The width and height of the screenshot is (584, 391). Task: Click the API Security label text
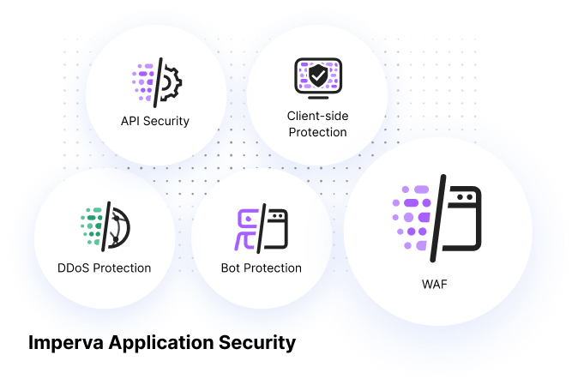click(154, 121)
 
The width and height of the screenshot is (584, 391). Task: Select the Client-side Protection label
click(317, 123)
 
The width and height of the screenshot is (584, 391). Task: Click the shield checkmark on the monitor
click(317, 75)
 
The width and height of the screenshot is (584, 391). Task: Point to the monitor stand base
click(317, 97)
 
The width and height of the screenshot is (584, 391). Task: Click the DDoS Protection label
click(105, 268)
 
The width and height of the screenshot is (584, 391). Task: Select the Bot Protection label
click(261, 268)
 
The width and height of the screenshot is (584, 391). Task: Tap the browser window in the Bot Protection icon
click(277, 228)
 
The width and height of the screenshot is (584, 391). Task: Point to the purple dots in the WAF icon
click(411, 218)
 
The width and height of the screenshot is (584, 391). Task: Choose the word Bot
click(230, 268)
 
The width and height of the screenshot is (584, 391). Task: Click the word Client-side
click(317, 115)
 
